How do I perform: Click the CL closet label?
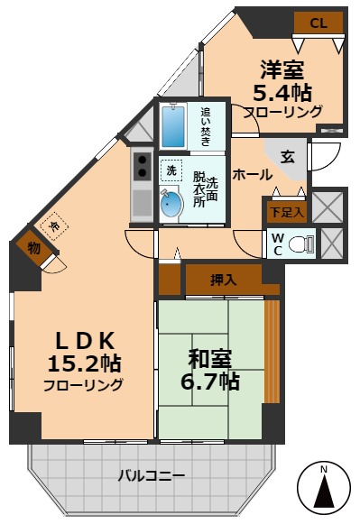(x=318, y=23)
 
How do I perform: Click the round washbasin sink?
(x=171, y=205)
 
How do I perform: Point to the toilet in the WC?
(x=304, y=243)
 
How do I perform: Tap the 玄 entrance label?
(x=287, y=157)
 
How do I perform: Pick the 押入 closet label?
(x=223, y=280)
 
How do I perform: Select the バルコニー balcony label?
(x=151, y=475)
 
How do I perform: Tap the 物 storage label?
(x=33, y=247)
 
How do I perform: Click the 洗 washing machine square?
(x=170, y=170)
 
